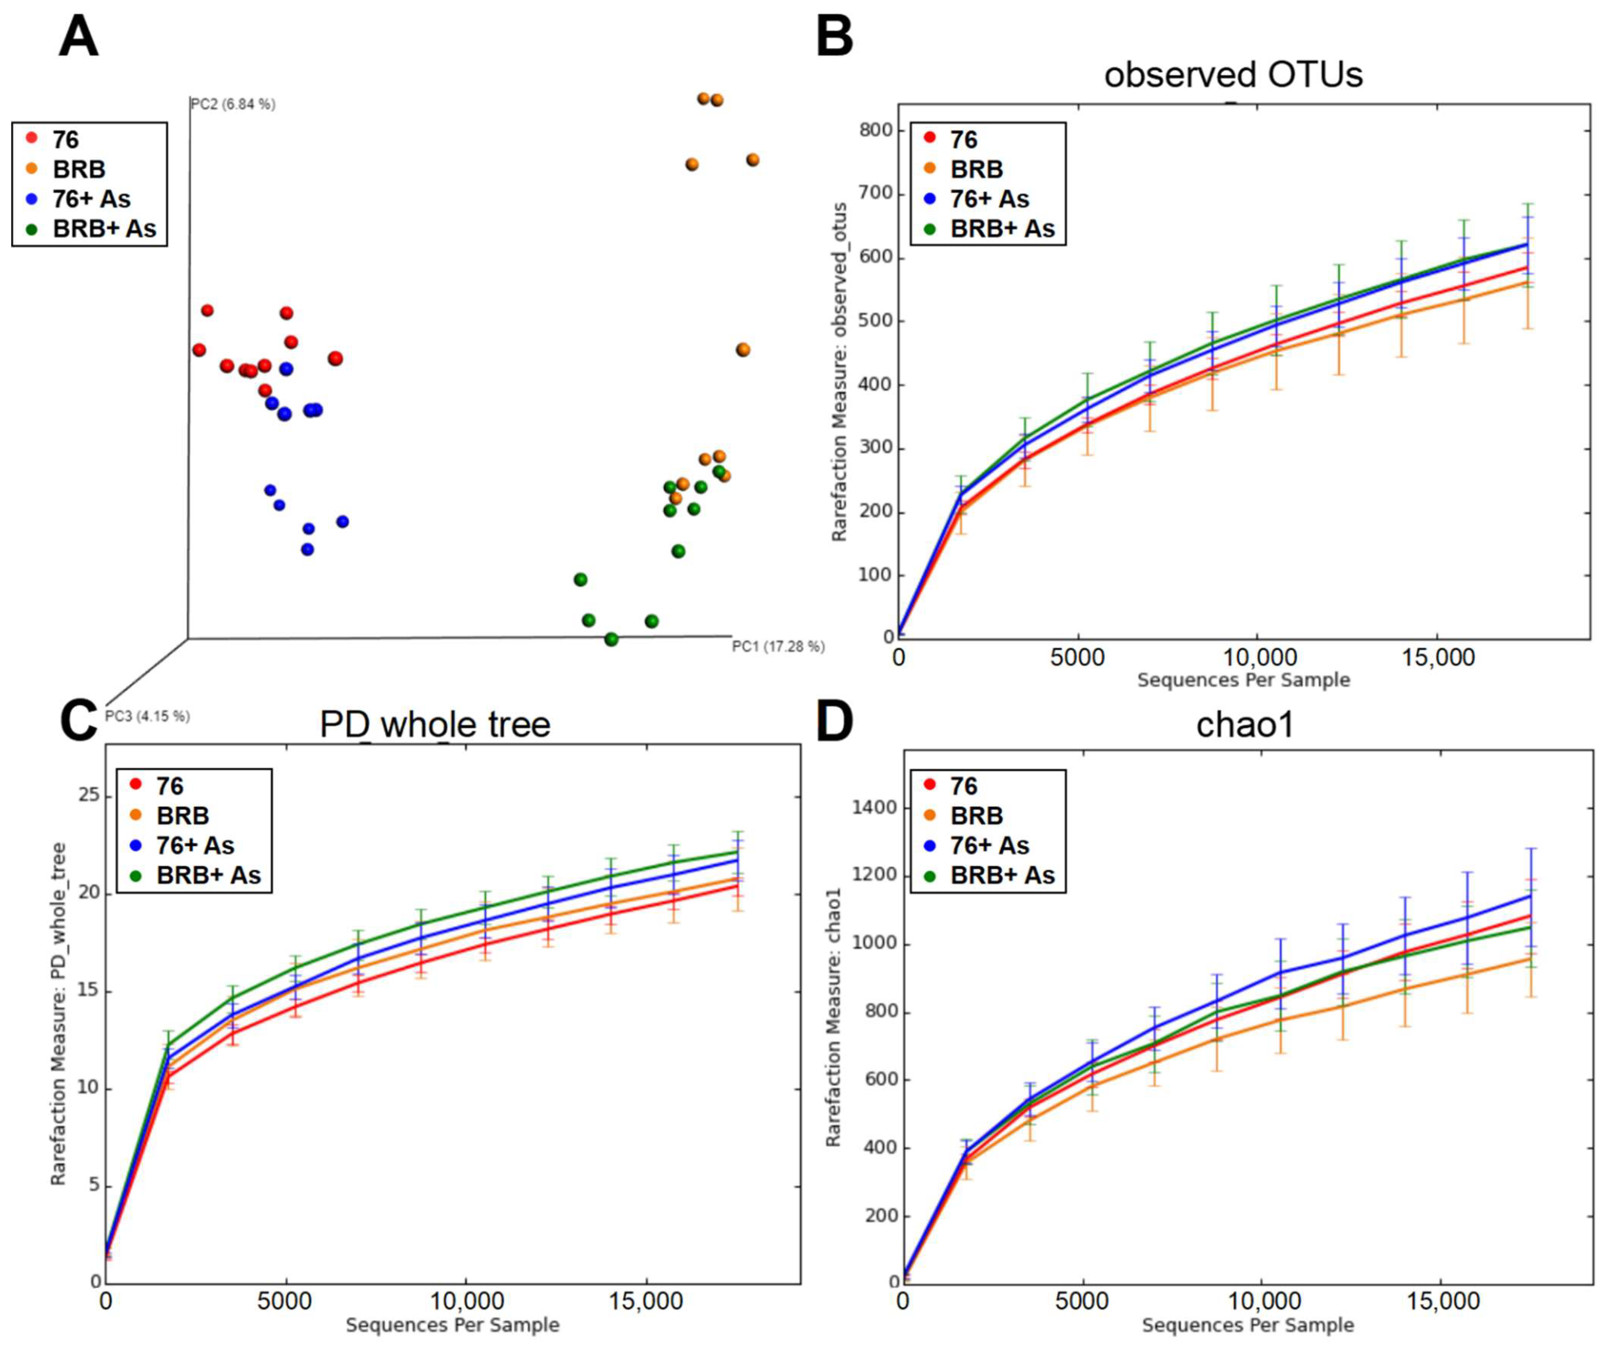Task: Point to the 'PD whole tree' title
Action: tap(435, 724)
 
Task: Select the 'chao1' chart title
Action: tap(1245, 724)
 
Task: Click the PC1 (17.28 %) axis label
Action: tap(778, 646)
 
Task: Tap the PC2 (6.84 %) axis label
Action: tap(232, 104)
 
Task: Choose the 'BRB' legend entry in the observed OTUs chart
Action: tap(976, 169)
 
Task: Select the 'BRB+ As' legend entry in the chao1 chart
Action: tap(1002, 875)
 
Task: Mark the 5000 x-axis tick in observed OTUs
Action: tap(1077, 657)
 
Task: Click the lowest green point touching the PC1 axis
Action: tap(611, 639)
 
